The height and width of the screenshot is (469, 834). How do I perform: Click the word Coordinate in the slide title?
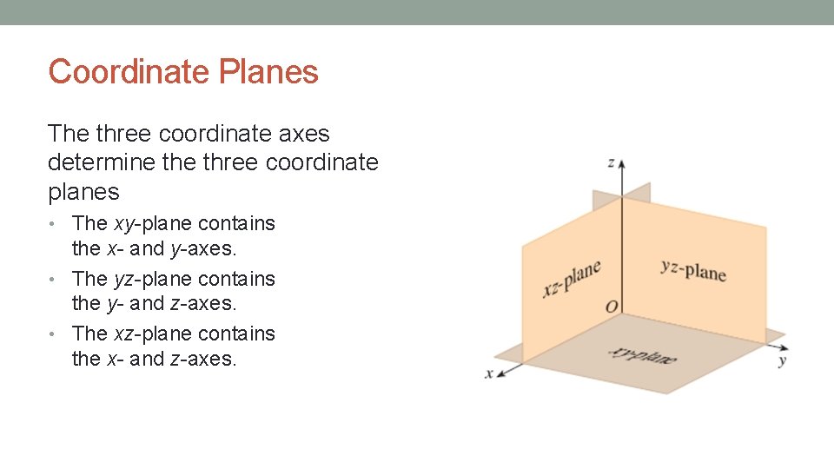tap(130, 72)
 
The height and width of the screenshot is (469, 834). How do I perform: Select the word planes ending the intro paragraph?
tap(83, 191)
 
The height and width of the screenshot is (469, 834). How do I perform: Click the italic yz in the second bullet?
tap(124, 279)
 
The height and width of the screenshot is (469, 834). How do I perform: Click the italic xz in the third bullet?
tap(124, 334)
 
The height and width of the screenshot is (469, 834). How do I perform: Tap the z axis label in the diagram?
tap(612, 162)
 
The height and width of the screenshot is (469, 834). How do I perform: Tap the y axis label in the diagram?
tap(782, 360)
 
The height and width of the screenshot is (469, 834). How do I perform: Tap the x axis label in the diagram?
tap(489, 373)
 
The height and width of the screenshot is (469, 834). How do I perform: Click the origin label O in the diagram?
tap(612, 307)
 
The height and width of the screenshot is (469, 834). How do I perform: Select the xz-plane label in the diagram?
tap(571, 277)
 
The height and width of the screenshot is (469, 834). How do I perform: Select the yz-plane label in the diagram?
tap(692, 269)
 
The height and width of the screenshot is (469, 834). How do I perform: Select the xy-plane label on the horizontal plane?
tap(642, 354)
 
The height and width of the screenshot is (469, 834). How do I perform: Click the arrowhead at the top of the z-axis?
tap(621, 163)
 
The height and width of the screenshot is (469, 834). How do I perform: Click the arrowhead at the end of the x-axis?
tap(501, 370)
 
